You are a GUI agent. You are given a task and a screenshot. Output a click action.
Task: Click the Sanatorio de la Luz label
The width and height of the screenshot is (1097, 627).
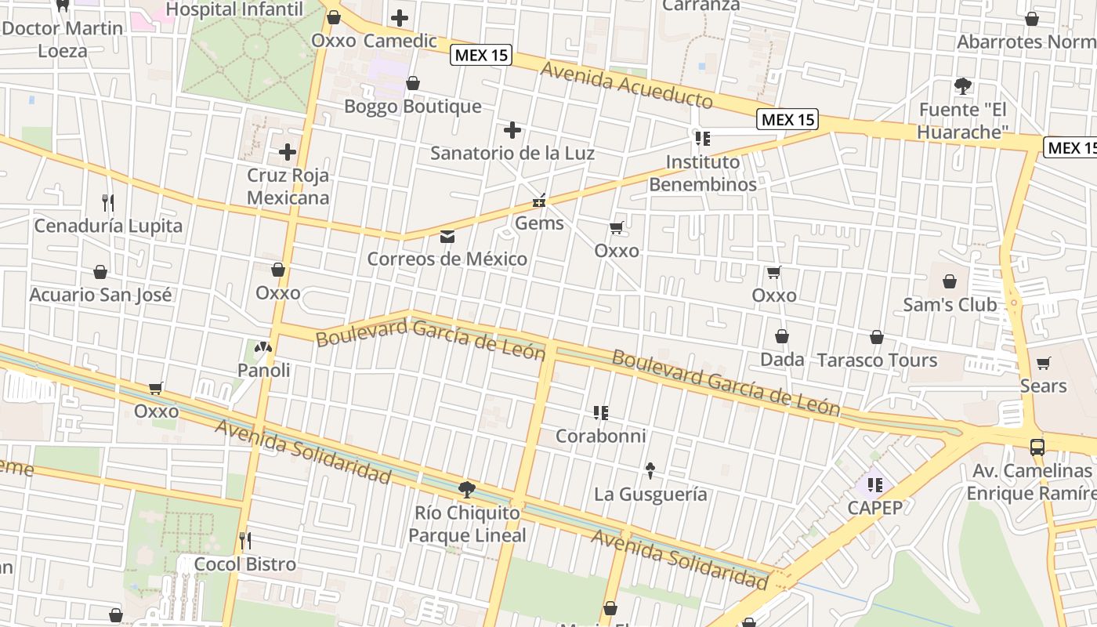tap(512, 153)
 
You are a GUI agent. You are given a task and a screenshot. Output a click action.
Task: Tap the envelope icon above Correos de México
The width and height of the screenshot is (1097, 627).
tap(447, 236)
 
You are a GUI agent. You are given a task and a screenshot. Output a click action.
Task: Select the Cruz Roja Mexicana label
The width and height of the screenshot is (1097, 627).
tap(288, 187)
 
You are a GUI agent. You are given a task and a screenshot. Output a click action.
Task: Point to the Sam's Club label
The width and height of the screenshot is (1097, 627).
tap(950, 304)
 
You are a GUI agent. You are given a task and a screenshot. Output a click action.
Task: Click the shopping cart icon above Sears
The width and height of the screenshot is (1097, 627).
tap(1043, 363)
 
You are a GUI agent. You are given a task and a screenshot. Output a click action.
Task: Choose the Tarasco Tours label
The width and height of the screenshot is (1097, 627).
tap(877, 360)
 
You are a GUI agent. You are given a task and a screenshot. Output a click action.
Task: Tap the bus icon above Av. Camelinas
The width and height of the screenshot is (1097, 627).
tap(1037, 447)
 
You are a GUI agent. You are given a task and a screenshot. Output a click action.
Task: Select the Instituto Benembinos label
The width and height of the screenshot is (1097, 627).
tap(703, 173)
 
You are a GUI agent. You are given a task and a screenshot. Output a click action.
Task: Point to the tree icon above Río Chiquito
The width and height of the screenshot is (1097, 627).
tap(467, 490)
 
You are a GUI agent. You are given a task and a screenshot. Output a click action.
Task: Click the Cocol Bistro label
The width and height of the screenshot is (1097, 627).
tap(244, 564)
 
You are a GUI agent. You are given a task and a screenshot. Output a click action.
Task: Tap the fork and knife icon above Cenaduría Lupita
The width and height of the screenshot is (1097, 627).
tap(108, 203)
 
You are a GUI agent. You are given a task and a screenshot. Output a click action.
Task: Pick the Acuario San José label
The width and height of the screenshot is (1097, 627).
tap(100, 295)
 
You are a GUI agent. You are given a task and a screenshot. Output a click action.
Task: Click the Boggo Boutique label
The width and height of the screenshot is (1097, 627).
tap(413, 106)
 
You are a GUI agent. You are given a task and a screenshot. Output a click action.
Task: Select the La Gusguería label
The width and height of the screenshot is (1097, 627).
tap(650, 494)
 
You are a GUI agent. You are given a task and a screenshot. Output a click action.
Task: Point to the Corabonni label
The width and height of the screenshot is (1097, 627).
tap(600, 436)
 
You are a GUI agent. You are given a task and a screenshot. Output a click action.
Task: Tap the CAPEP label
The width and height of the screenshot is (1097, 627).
tap(875, 507)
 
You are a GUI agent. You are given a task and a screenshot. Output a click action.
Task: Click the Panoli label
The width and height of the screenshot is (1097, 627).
tap(264, 370)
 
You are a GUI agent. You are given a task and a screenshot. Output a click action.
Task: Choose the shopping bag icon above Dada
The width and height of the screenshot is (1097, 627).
tap(782, 336)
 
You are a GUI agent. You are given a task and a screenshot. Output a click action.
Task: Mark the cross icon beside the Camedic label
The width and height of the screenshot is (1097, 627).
tap(400, 17)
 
